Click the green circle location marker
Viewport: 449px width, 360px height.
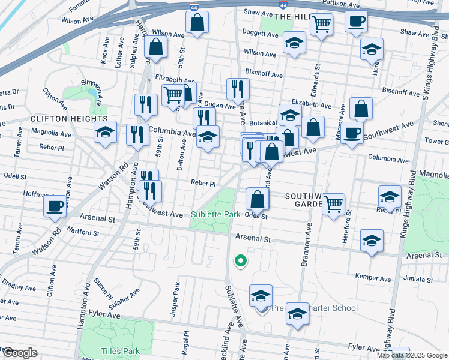[x=240, y=260]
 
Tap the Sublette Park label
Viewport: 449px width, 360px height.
[x=215, y=214]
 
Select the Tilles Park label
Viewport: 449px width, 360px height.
[x=121, y=351]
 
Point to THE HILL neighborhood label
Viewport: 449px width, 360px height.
[x=292, y=17]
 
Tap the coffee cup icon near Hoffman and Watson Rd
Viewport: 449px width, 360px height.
[x=55, y=206]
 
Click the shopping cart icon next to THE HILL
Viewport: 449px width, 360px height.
[x=322, y=25]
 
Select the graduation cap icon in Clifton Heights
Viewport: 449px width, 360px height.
[x=106, y=132]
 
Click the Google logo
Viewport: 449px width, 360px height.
[x=20, y=352]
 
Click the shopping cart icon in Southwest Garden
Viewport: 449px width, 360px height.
[x=333, y=204]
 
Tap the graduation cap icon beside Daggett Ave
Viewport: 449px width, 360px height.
[x=294, y=42]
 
